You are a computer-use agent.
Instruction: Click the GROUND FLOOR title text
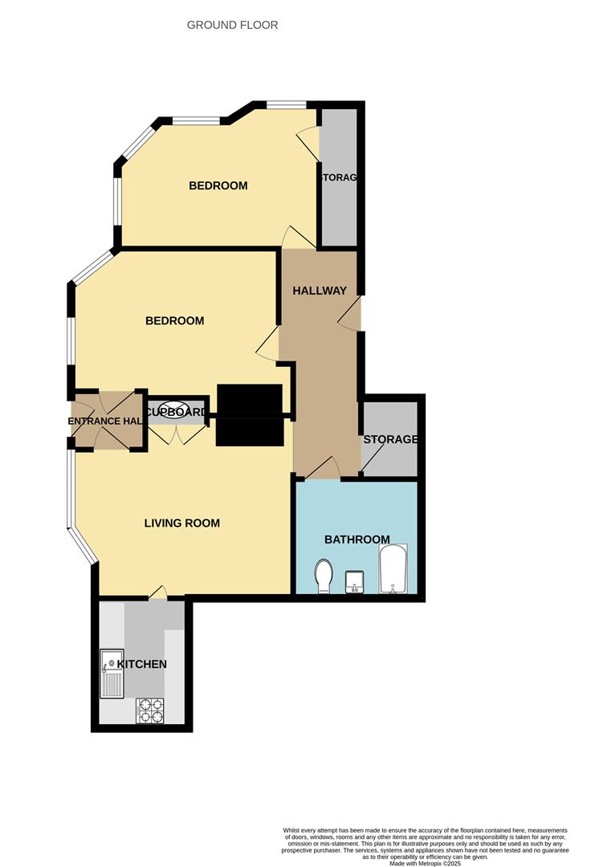(x=232, y=25)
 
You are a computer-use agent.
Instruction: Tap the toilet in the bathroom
(x=324, y=576)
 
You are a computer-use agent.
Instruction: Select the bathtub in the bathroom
(x=393, y=568)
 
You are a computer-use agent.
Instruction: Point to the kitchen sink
(x=111, y=674)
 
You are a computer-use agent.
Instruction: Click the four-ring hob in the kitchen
(x=149, y=710)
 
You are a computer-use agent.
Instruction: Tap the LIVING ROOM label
(x=181, y=523)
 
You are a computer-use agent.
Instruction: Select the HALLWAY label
(x=319, y=291)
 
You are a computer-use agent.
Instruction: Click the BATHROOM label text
(x=357, y=539)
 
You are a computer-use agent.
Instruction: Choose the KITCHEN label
(x=142, y=664)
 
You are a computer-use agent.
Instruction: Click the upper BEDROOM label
(x=218, y=185)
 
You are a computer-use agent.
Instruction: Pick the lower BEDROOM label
(x=174, y=320)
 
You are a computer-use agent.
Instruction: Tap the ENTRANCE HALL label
(x=104, y=421)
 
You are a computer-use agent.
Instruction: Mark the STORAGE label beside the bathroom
(x=390, y=439)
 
